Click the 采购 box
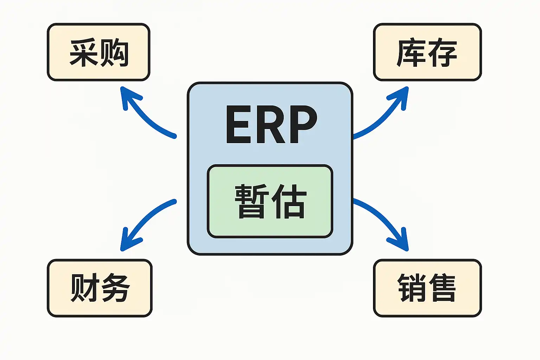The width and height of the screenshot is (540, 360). (99, 52)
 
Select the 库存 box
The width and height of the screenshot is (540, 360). (427, 52)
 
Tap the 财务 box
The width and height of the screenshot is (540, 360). (100, 288)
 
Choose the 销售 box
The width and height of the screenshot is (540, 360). (427, 288)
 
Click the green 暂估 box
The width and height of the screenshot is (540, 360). (270, 201)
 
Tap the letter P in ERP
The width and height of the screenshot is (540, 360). (301, 125)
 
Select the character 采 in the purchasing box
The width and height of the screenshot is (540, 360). (84, 53)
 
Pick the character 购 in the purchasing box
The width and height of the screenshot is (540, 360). (114, 53)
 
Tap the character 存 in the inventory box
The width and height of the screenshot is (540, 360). (442, 53)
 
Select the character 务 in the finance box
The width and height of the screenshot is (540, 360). (115, 288)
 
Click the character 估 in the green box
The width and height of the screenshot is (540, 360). (288, 201)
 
